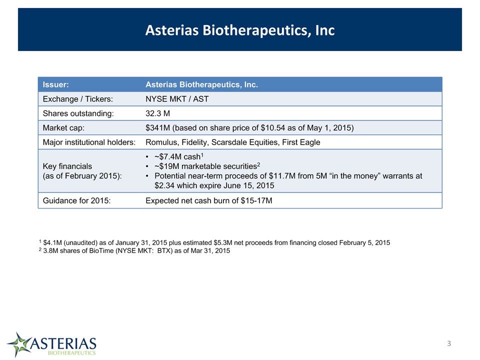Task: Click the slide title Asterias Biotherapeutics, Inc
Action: click(240, 30)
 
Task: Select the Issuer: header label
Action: click(55, 84)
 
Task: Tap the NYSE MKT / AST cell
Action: click(177, 99)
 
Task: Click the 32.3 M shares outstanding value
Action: click(157, 113)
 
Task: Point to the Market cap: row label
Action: click(63, 127)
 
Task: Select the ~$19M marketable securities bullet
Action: click(207, 166)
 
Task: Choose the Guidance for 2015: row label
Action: click(76, 200)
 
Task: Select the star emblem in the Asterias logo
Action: click(19, 344)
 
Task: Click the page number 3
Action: click(449, 343)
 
